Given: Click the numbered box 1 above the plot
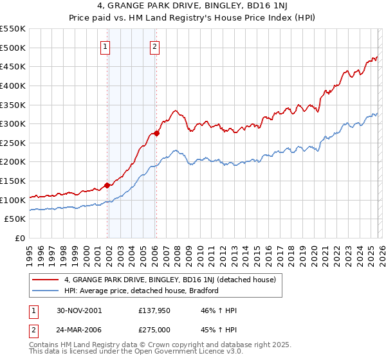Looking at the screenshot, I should (x=105, y=46).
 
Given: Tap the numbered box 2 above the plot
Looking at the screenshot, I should (x=155, y=46).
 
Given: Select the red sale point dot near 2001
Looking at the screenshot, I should (x=107, y=185).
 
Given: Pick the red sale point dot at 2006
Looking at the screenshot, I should (x=157, y=133).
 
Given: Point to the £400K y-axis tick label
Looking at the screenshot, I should (x=13, y=85).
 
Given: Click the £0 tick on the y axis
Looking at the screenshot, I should (x=20, y=239).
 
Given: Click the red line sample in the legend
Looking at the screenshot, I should (x=46, y=280).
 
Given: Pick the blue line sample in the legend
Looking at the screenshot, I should (x=46, y=291).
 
